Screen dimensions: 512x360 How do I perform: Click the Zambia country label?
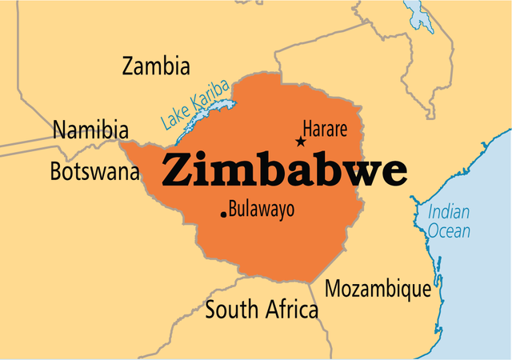156,66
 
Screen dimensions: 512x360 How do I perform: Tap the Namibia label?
90,130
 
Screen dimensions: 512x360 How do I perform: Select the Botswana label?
94,171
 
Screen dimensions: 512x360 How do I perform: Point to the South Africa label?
262,310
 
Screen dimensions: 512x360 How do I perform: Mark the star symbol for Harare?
301,142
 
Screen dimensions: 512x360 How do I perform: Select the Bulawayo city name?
262,210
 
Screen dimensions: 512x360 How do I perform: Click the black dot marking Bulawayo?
222,214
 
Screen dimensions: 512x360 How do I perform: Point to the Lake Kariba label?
194,105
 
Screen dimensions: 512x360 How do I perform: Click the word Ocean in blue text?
449,231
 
